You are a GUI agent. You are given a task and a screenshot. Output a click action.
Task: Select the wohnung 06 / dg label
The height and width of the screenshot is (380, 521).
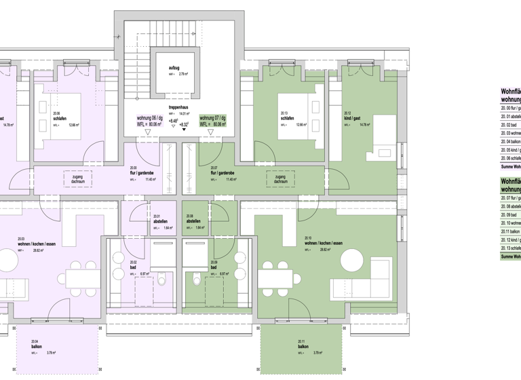pos(149,117)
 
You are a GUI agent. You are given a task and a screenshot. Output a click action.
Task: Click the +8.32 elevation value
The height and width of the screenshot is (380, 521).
pos(185,124)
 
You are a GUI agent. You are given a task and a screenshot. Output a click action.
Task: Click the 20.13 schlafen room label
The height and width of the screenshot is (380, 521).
pos(286,115)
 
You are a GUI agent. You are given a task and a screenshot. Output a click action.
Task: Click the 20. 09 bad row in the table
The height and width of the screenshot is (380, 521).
pos(509,214)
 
